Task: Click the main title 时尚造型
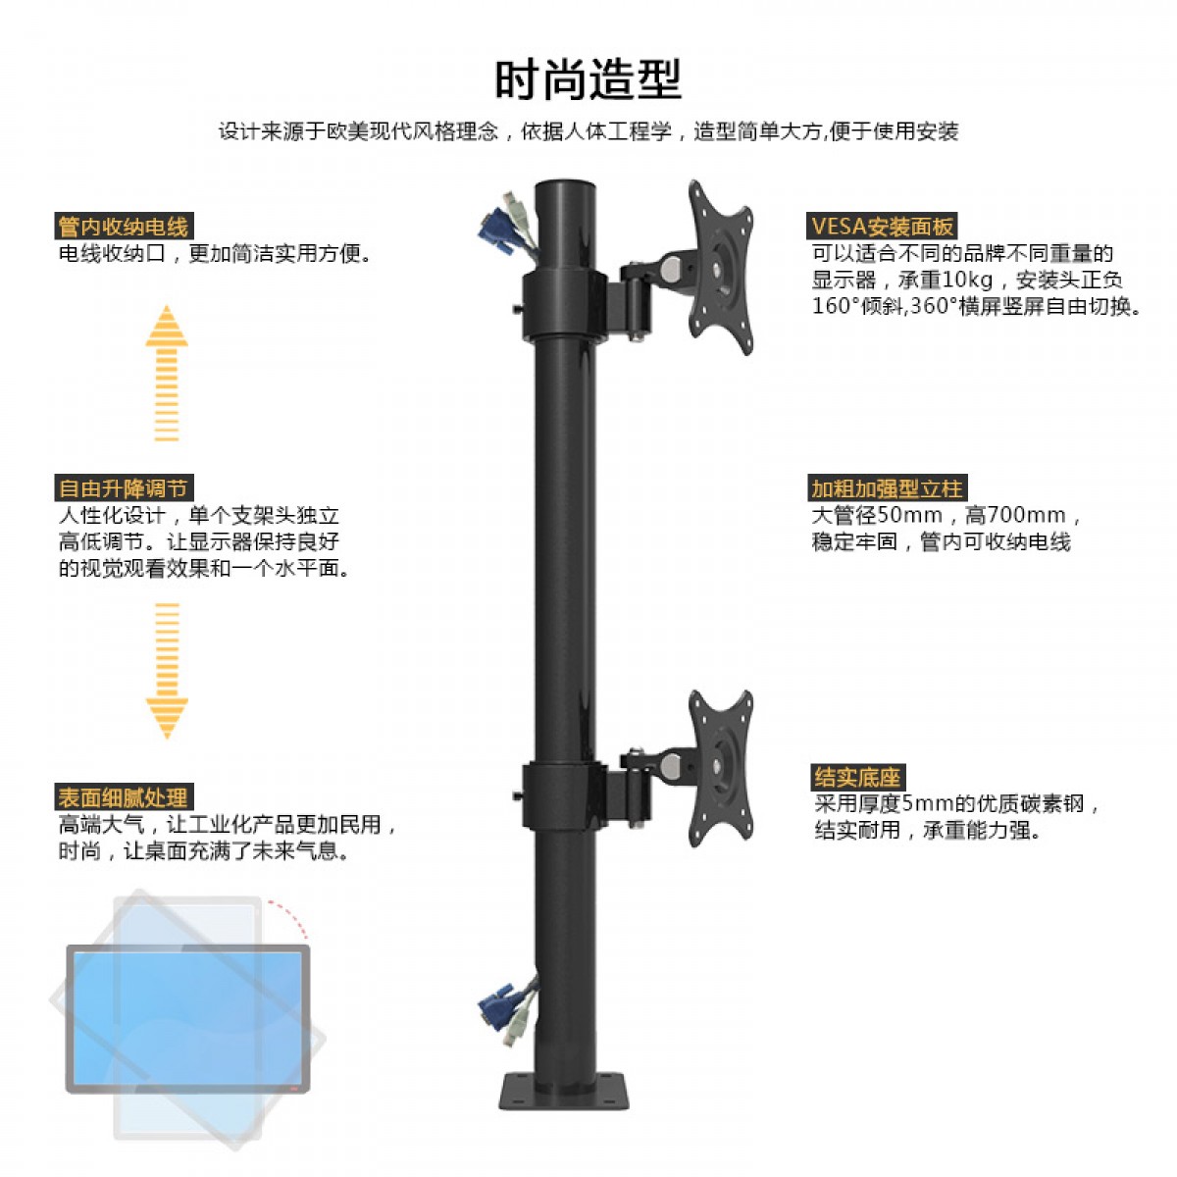point(588,79)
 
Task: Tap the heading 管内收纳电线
point(124,226)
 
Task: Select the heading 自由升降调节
point(124,488)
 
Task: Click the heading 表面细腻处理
point(124,797)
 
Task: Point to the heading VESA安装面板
point(882,226)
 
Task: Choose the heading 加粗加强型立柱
point(887,488)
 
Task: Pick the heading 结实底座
point(857,778)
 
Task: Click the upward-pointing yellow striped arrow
point(167,373)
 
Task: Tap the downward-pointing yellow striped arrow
point(167,671)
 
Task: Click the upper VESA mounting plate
point(721,267)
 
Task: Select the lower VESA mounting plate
point(721,768)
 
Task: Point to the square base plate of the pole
point(564,1092)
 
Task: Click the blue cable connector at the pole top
point(496,230)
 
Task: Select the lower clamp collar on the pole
point(564,794)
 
